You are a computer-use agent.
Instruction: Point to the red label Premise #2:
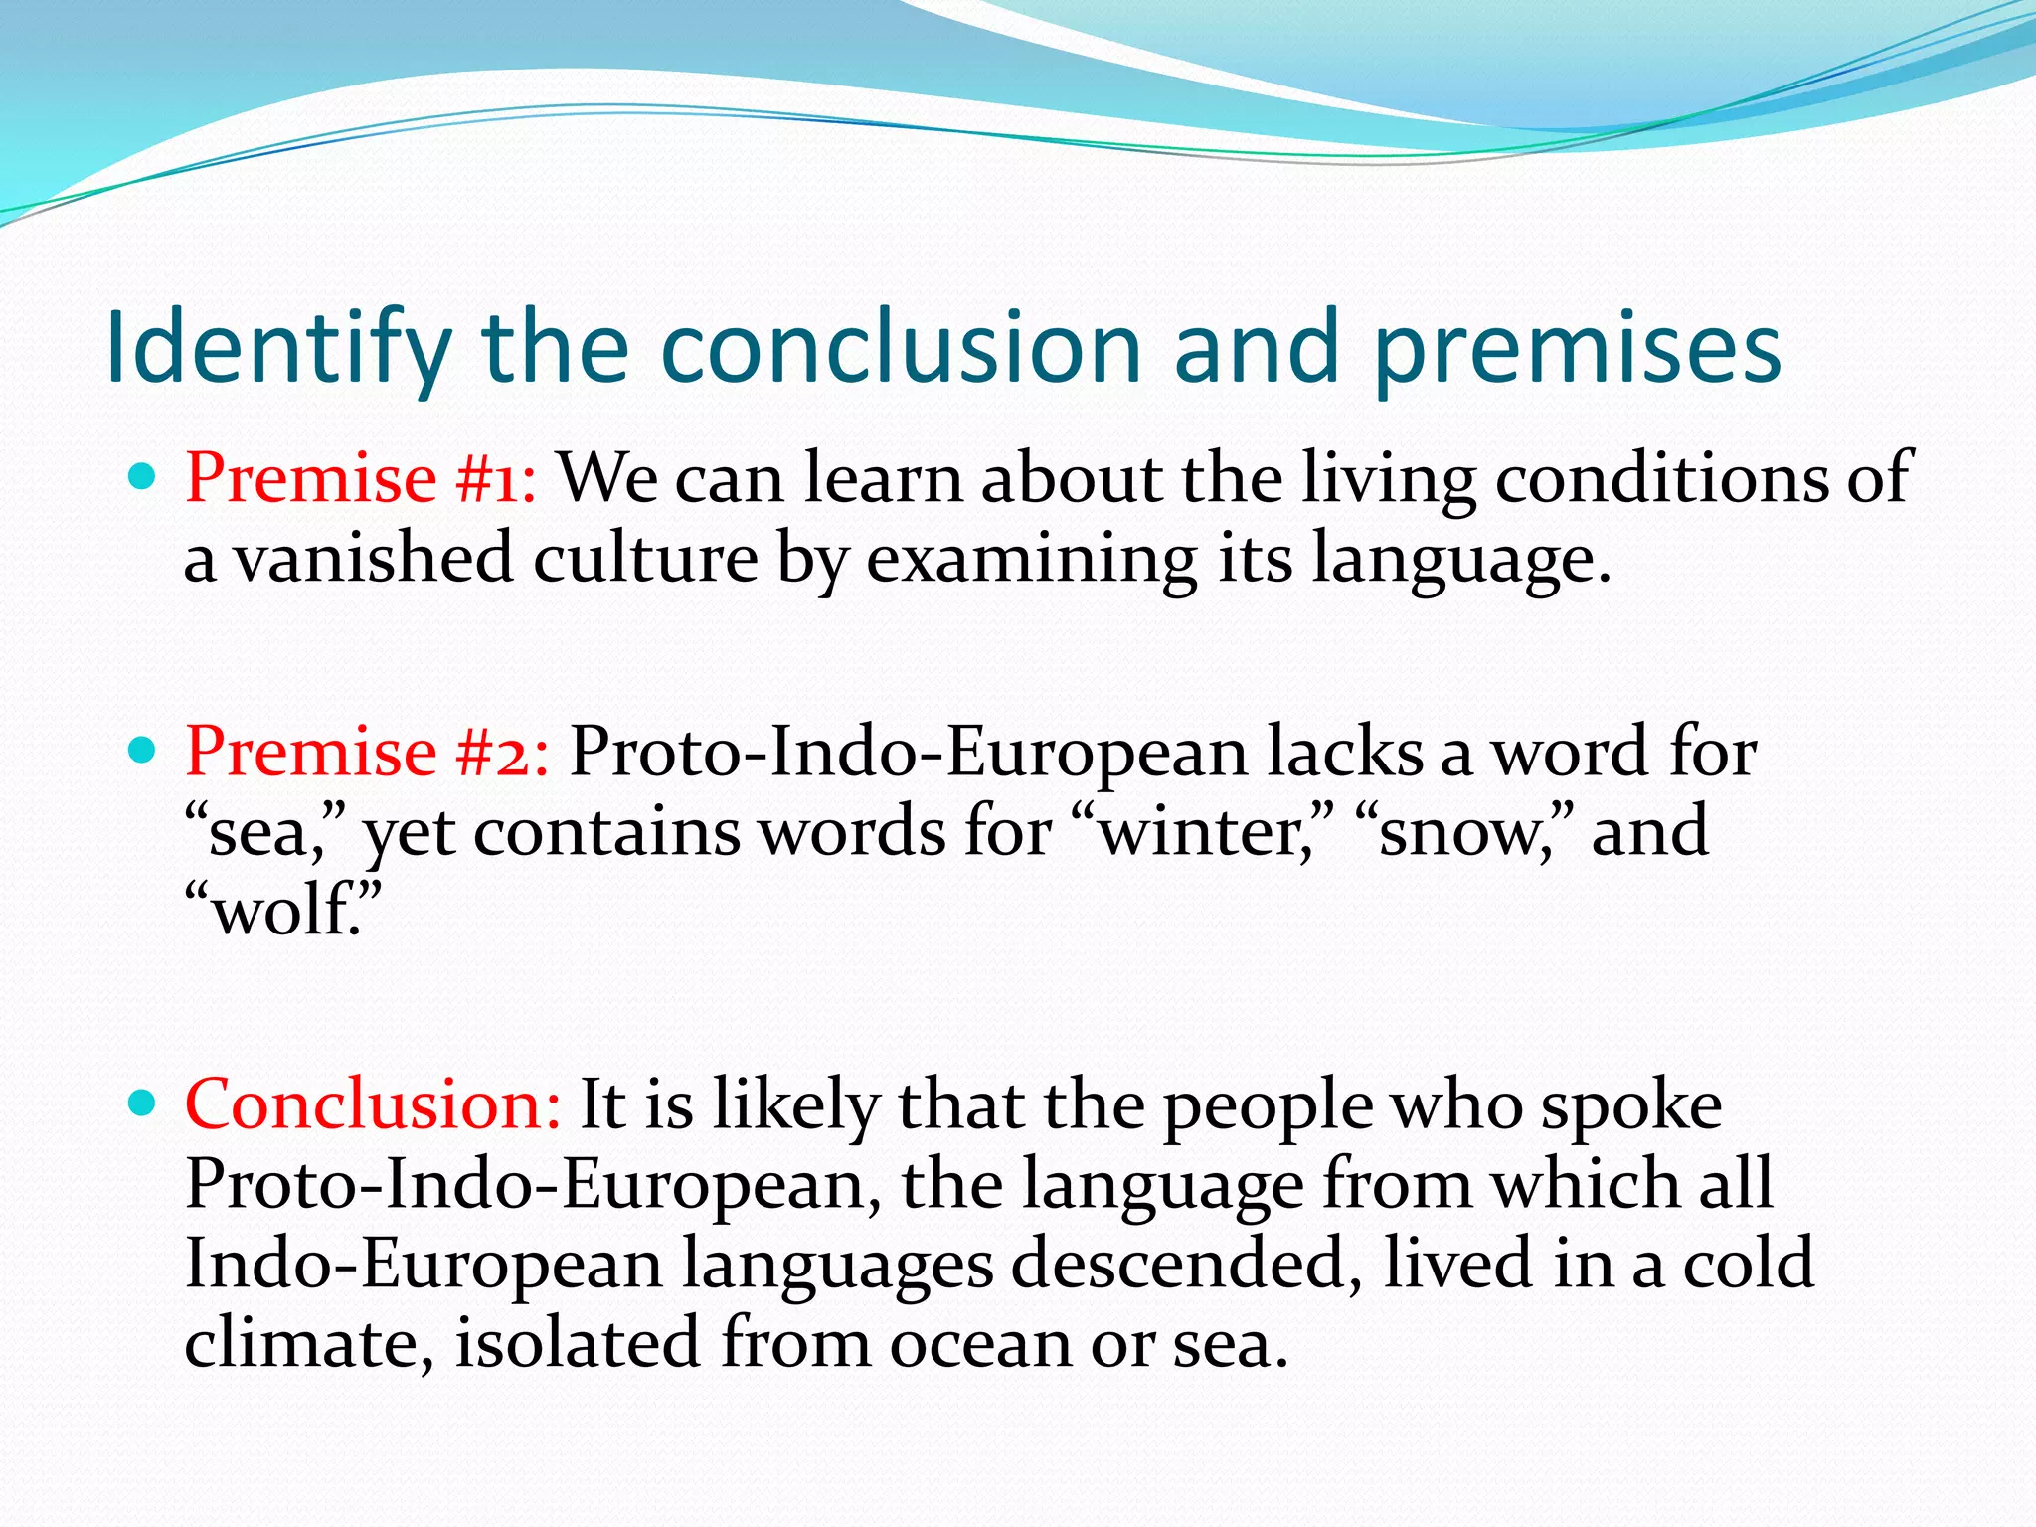367,752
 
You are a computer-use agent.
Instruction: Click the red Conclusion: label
373,1105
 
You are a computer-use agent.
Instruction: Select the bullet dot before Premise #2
143,750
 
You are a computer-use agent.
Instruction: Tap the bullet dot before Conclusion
143,1103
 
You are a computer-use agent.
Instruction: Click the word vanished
374,559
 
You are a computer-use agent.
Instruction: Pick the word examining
1031,559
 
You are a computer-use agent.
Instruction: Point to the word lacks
1344,752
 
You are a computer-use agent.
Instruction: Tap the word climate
308,1344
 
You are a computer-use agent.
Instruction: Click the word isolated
577,1344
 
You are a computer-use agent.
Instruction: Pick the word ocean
978,1344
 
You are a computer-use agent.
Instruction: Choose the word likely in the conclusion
795,1105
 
